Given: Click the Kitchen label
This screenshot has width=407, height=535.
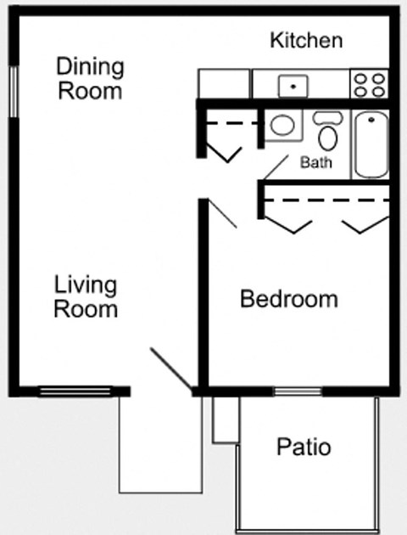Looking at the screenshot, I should pyautogui.click(x=306, y=40).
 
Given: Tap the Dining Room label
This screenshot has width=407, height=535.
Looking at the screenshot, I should pyautogui.click(x=90, y=78).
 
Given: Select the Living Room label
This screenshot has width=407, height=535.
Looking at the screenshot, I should pyautogui.click(x=86, y=296).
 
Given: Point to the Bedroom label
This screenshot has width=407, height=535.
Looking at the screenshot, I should pyautogui.click(x=289, y=299).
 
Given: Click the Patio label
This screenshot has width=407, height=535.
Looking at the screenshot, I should pyautogui.click(x=304, y=447).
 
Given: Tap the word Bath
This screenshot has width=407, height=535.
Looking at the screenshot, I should pyautogui.click(x=315, y=162).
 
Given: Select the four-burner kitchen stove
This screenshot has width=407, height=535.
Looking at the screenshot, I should pyautogui.click(x=370, y=84).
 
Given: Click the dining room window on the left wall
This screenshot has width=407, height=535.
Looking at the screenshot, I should pyautogui.click(x=14, y=90).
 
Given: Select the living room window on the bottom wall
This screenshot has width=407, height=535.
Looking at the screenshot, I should pyautogui.click(x=76, y=391).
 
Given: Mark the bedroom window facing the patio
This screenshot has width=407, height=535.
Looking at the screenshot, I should pyautogui.click(x=298, y=391).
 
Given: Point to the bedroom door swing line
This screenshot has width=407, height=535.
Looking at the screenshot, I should pyautogui.click(x=223, y=213).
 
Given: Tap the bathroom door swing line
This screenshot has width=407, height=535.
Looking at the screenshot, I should pyautogui.click(x=275, y=167).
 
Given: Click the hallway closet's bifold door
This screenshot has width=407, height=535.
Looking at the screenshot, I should pyautogui.click(x=226, y=154).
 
